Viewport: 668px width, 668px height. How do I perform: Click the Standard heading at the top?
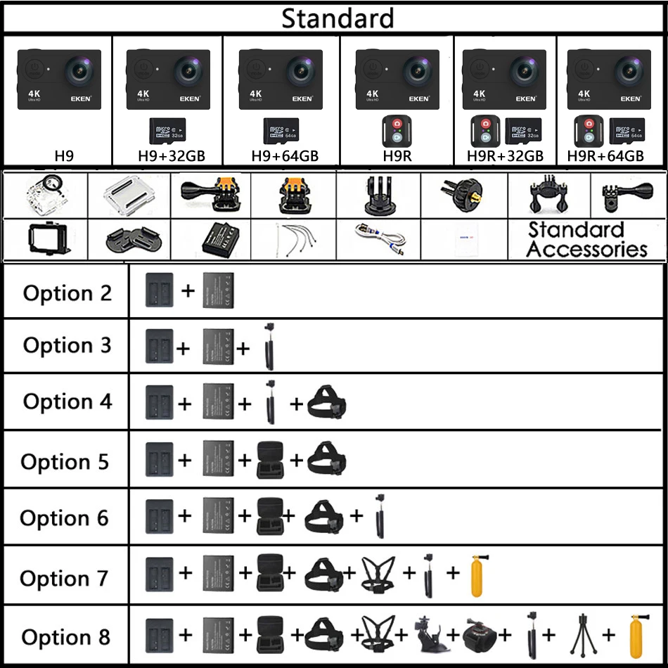coord(338,18)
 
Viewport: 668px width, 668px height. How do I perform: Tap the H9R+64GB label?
coord(606,155)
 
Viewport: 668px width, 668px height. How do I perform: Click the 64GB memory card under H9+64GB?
coord(281,131)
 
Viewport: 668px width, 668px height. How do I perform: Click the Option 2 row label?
coord(68,293)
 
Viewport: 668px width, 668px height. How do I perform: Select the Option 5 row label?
coord(65,461)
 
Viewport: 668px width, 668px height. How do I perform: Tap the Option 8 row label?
coord(66,637)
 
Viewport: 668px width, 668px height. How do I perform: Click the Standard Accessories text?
coord(586,239)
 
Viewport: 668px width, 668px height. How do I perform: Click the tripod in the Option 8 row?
coord(581,637)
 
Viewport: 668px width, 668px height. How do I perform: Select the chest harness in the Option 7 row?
coord(380,574)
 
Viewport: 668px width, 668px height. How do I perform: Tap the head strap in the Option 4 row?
coord(328,403)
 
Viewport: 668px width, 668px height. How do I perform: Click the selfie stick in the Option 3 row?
coord(268,346)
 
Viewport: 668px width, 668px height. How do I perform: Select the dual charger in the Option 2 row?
coord(158,290)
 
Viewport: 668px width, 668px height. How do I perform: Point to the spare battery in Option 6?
coord(218,517)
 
